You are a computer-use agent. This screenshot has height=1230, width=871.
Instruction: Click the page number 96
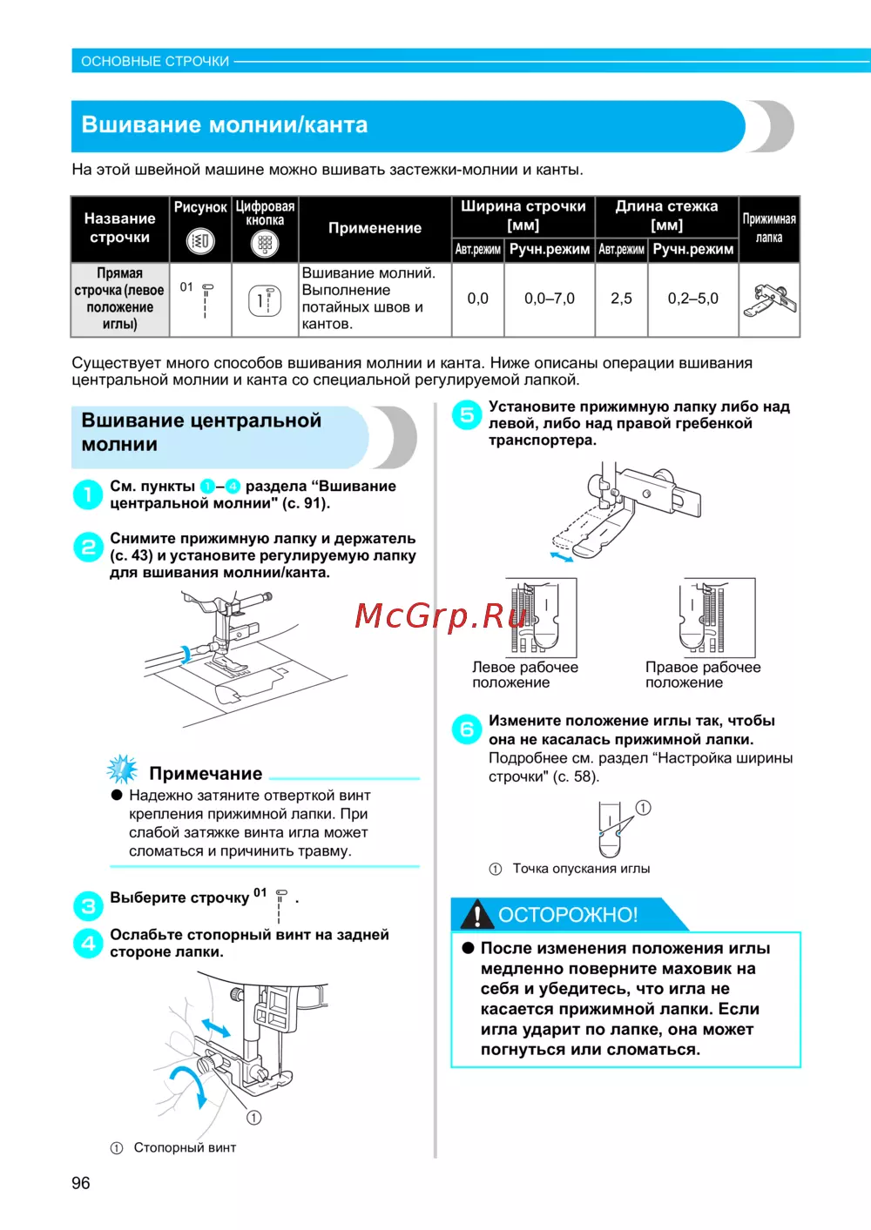pos(81,1183)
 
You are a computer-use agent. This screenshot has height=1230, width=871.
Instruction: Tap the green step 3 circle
pos(88,905)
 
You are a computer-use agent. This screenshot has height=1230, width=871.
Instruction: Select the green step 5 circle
pos(467,414)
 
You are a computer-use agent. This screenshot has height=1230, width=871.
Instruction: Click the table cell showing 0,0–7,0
pos(550,299)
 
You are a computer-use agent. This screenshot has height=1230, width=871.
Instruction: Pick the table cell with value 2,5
pos(621,299)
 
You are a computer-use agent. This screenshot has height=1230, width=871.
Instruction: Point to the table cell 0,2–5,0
pos(693,299)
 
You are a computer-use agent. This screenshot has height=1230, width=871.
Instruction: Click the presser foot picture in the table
pos(769,300)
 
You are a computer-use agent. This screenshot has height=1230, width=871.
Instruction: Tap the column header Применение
pos(375,228)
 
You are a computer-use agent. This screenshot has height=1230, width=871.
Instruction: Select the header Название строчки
pos(120,228)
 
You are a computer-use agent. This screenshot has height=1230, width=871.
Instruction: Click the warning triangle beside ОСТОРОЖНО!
pos(476,915)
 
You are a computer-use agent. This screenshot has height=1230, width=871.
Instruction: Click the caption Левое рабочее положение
pos(524,675)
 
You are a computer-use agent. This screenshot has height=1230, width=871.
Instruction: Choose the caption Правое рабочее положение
pos(702,675)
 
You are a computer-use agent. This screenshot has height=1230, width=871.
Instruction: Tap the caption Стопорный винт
pos(185,1148)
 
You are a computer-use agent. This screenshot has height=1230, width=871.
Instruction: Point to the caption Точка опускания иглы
pos(581,869)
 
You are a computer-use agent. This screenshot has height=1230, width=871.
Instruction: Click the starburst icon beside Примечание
pos(122,770)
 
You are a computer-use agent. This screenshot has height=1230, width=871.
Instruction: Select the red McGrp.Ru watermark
pos(442,615)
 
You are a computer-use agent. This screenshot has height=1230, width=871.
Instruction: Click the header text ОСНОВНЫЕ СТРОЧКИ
pos(155,62)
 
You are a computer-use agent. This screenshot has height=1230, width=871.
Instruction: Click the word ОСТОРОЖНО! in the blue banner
pos(568,915)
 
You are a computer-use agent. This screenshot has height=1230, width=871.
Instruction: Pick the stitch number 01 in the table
pos(186,286)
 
